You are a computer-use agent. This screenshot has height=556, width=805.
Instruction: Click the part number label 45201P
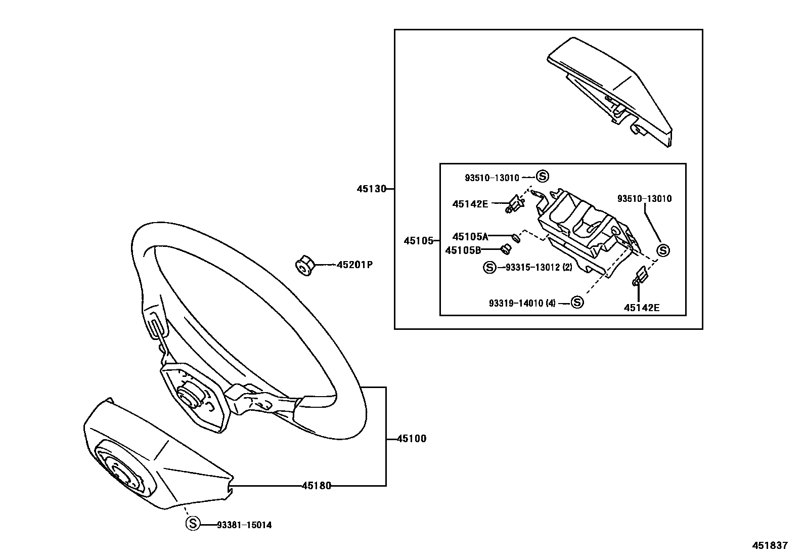[x=354, y=265]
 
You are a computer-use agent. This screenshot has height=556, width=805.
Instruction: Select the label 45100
[x=411, y=439]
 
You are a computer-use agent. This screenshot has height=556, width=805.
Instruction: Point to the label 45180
[x=317, y=486]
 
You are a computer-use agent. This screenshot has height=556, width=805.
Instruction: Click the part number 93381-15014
[x=244, y=525]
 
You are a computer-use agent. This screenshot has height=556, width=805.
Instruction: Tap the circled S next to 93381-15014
[x=193, y=524]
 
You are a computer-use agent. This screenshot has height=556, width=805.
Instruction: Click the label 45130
[x=371, y=189]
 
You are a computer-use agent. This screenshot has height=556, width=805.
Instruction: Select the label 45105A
[x=470, y=236]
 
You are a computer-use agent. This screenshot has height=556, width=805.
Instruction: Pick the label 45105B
[x=463, y=250]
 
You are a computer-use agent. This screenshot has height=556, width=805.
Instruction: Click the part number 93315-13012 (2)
[x=539, y=267]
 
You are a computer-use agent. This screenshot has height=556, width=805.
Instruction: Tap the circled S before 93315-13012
[x=489, y=267]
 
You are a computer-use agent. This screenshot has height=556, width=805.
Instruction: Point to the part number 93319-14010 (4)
[x=522, y=303]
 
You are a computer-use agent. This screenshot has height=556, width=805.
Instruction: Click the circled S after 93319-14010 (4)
[x=577, y=303]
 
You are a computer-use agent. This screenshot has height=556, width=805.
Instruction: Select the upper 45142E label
[x=470, y=204]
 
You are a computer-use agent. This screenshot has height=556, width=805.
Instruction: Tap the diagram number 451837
[x=770, y=545]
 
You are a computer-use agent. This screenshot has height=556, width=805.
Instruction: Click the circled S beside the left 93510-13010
[x=542, y=176]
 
